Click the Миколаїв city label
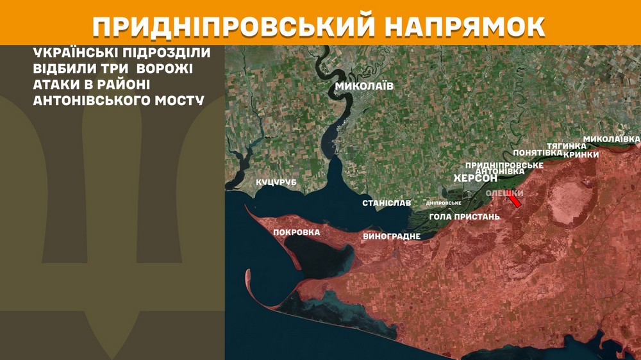pyautogui.click(x=365, y=86)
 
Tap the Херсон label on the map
pyautogui.click(x=475, y=178)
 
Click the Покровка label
pyautogui.click(x=296, y=232)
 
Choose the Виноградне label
pyautogui.click(x=392, y=236)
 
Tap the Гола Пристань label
pyautogui.click(x=464, y=217)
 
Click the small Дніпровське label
pyautogui.click(x=444, y=203)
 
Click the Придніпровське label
pyautogui.click(x=504, y=165)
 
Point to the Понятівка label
pyautogui.click(x=538, y=152)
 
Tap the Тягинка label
pyautogui.click(x=566, y=146)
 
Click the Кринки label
pyautogui.click(x=581, y=154)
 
